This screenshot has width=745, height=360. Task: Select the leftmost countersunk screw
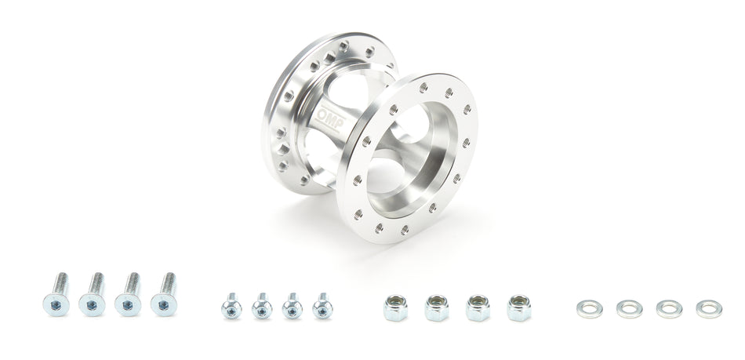(58, 296)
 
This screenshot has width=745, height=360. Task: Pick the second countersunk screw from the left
(93, 296)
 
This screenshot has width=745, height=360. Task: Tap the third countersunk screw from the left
(129, 296)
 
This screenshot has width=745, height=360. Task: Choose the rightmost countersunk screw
(165, 296)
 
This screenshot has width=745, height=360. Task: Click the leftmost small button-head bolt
(231, 306)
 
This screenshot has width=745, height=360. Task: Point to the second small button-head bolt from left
(262, 306)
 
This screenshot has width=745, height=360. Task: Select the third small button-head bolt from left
(292, 306)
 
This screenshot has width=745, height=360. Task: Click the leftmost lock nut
(394, 307)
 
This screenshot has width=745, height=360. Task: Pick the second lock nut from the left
(436, 307)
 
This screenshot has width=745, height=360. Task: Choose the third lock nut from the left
(478, 307)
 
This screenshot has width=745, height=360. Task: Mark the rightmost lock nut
(519, 307)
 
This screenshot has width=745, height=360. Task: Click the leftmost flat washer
(587, 307)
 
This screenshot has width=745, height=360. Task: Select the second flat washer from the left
(628, 307)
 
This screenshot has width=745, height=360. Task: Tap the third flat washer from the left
(669, 307)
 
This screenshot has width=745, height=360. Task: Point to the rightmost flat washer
(708, 307)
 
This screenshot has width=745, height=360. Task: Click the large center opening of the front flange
(408, 157)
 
